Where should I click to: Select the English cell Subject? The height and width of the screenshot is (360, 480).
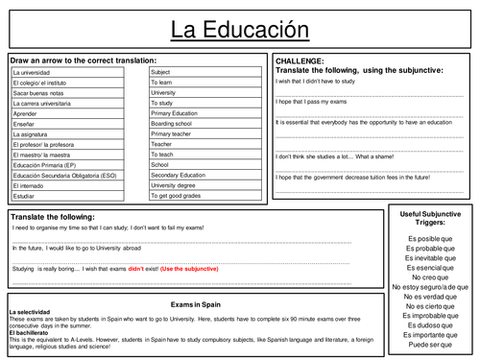162,72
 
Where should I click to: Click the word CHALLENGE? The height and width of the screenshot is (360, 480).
300,60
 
